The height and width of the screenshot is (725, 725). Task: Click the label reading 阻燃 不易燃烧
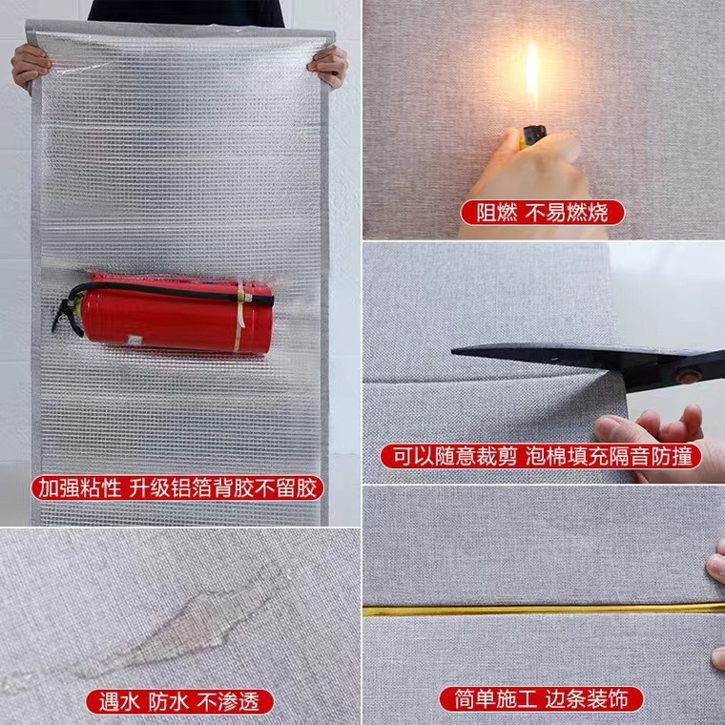click(541, 211)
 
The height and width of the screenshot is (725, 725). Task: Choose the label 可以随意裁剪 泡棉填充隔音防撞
click(541, 455)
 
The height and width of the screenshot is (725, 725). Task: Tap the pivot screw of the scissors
click(685, 373)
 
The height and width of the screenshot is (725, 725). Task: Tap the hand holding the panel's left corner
click(31, 65)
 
